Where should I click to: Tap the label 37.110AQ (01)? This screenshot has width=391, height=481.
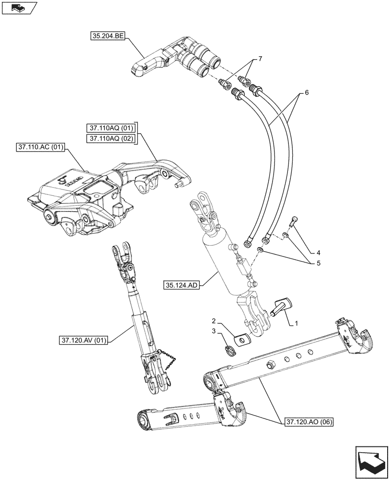pyautogui.click(x=111, y=128)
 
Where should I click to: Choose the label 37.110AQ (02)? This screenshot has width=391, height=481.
pyautogui.click(x=111, y=139)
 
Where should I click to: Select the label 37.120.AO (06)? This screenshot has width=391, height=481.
pyautogui.click(x=308, y=422)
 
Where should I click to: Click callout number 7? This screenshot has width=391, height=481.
pyautogui.click(x=260, y=59)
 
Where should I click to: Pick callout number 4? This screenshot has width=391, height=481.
pyautogui.click(x=305, y=252)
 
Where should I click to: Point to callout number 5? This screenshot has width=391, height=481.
pyautogui.click(x=305, y=264)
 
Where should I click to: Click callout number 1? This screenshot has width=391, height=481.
pyautogui.click(x=297, y=324)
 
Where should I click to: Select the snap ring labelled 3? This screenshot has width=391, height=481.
pyautogui.click(x=230, y=351)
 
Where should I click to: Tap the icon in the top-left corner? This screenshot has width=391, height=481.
pyautogui.click(x=18, y=8)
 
